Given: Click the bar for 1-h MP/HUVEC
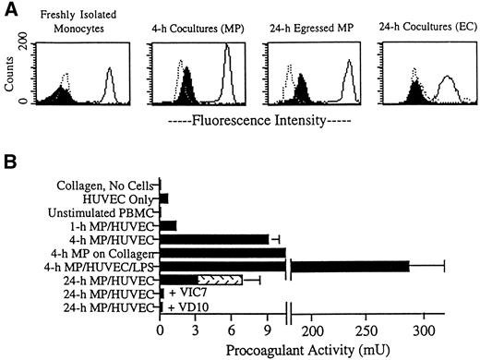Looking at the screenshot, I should [x=168, y=224].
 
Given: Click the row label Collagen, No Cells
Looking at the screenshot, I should [x=104, y=184].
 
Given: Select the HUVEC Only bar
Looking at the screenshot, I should [x=164, y=198].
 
